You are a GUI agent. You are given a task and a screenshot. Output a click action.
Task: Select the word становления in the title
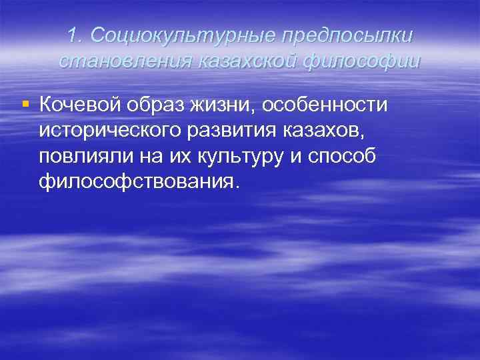click(x=125, y=62)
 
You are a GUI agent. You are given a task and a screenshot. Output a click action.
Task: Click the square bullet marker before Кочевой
click(x=25, y=104)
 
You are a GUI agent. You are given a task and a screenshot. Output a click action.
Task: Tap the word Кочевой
click(x=77, y=105)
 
